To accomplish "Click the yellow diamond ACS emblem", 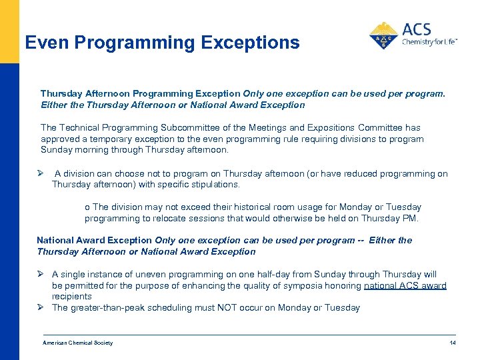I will tap(383, 36).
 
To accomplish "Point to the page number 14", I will tap(453, 343).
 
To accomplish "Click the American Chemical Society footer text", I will tap(77, 343).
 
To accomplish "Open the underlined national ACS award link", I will tap(405, 285).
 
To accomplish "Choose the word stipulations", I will tap(215, 184).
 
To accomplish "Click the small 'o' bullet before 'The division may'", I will tap(87, 207).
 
